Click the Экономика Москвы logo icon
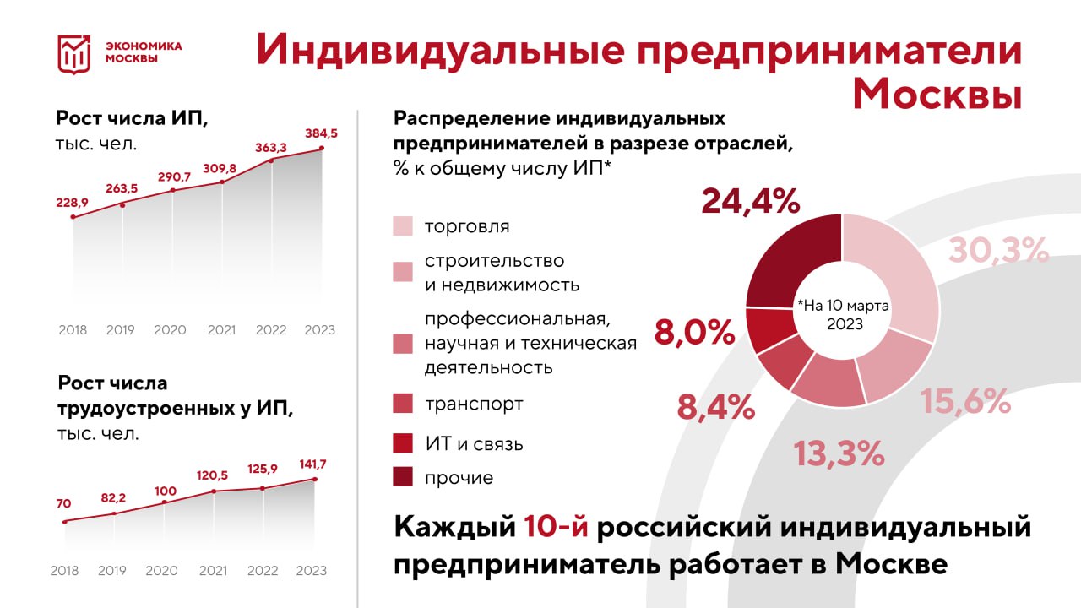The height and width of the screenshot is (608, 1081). (x=73, y=53)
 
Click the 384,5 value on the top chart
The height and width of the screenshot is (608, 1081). (x=322, y=133)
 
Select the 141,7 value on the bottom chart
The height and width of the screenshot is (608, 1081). (x=314, y=464)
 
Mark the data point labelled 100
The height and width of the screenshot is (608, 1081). (x=165, y=502)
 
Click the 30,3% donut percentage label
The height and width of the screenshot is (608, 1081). (x=998, y=250)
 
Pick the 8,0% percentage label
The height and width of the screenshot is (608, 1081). (x=694, y=333)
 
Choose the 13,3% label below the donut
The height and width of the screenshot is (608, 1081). (x=839, y=454)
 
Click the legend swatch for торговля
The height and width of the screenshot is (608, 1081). (x=403, y=226)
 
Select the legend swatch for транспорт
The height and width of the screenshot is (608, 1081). (x=403, y=404)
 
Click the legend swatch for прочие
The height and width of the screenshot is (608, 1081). (x=403, y=477)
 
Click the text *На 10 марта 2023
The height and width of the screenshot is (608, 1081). (x=841, y=314)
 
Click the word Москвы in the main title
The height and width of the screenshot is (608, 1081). (x=937, y=94)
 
